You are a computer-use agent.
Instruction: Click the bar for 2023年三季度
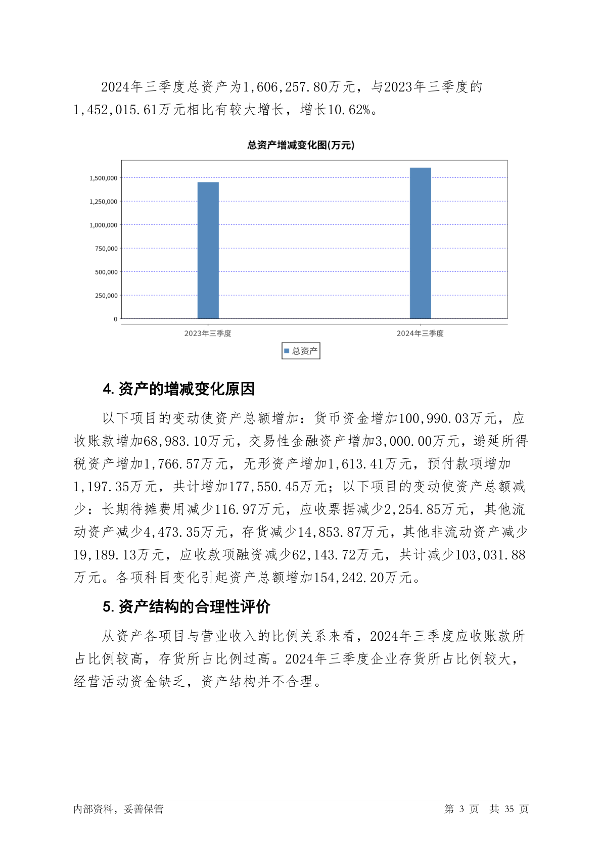[208, 250]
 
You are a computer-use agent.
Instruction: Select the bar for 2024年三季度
[420, 243]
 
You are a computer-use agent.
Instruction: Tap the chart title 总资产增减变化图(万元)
[301, 145]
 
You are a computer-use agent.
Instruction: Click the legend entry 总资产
[301, 351]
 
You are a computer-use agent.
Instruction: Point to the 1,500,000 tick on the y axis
[103, 178]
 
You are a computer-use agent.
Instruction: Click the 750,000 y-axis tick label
[106, 249]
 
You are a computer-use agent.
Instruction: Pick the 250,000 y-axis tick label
[106, 296]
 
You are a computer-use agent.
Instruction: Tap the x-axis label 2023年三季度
[208, 334]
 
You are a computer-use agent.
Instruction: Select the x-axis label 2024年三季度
[420, 334]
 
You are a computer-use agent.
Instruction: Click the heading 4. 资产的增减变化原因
[178, 389]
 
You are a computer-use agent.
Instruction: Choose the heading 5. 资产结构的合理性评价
[187, 606]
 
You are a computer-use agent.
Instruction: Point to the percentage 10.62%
[349, 110]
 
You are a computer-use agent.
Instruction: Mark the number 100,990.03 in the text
[434, 418]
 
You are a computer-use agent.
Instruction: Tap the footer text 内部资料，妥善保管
[118, 809]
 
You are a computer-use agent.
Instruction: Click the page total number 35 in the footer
[509, 809]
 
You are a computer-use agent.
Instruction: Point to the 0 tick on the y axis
[115, 319]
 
